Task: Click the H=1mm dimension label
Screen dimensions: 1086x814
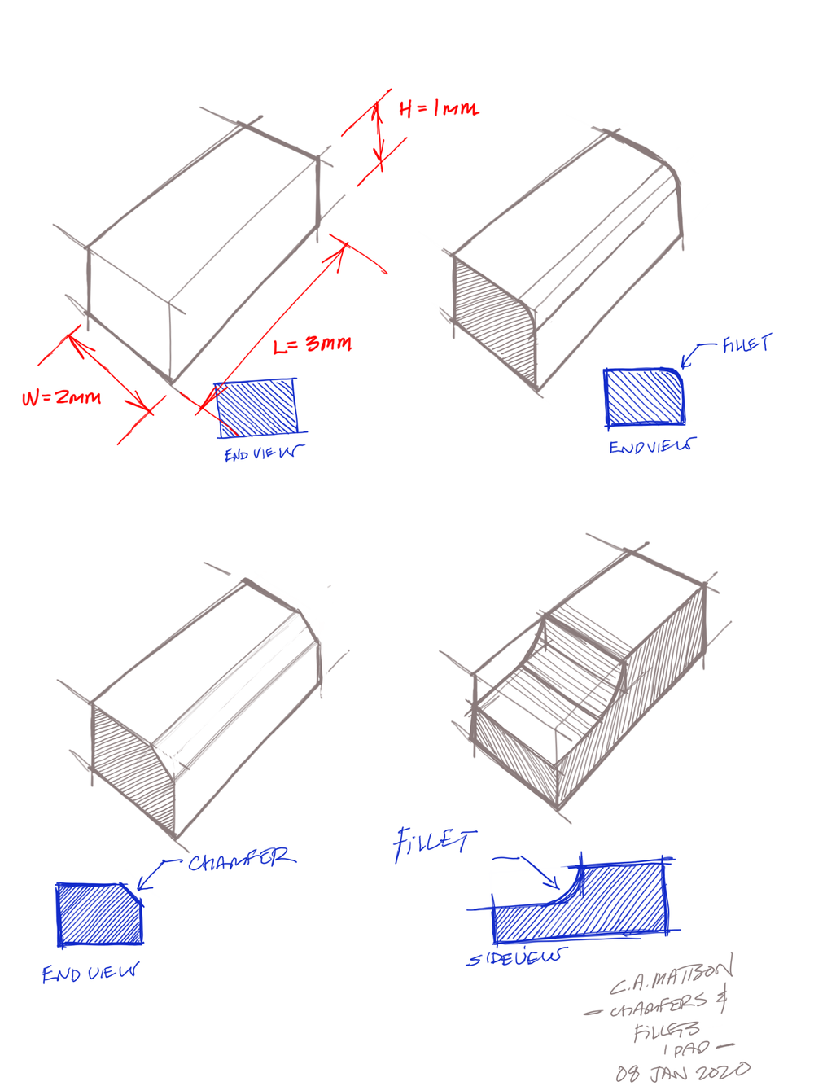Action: tap(439, 108)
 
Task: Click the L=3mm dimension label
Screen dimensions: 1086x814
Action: tap(313, 344)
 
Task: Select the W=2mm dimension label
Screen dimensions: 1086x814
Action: tap(62, 398)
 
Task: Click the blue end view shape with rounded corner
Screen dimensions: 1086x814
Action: tap(643, 397)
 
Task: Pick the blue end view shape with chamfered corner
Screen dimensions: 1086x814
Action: tap(98, 914)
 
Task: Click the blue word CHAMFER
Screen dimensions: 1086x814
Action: tap(241, 860)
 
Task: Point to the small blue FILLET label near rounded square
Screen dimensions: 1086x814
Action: tap(746, 344)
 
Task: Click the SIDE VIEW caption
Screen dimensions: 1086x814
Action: tap(515, 958)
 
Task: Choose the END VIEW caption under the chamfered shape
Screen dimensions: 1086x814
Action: tap(90, 973)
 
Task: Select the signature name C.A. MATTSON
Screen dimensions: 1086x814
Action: tap(672, 977)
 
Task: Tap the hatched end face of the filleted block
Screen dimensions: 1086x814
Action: tap(490, 322)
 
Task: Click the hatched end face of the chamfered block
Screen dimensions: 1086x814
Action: tap(130, 765)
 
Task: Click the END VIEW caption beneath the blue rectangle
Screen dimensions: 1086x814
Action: tap(263, 453)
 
